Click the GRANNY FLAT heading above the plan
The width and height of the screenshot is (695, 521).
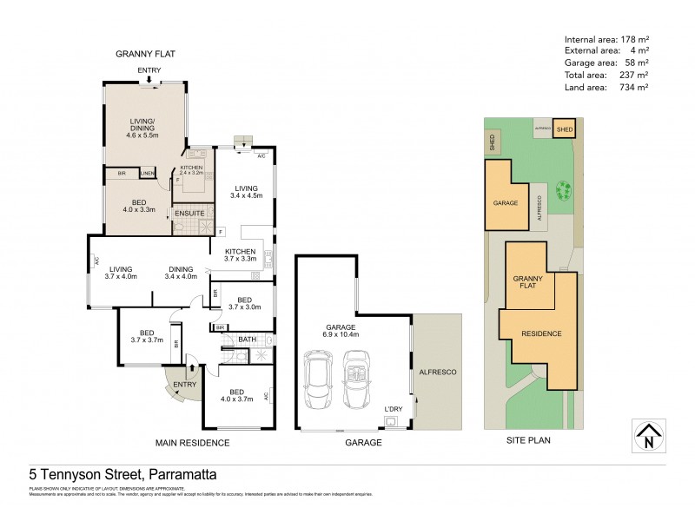146,54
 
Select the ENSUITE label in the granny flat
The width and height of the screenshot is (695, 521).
189,213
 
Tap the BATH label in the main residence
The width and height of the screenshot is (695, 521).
247,340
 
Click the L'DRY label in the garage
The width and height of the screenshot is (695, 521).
395,408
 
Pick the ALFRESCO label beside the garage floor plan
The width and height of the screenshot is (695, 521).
439,372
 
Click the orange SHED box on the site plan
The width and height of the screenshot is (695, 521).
565,129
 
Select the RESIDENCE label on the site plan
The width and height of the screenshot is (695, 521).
540,333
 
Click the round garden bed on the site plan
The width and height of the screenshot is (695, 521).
564,189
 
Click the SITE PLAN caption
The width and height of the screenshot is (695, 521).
528,440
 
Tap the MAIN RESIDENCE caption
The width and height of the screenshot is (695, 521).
192,443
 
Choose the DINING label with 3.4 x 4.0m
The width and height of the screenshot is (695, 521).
182,272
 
